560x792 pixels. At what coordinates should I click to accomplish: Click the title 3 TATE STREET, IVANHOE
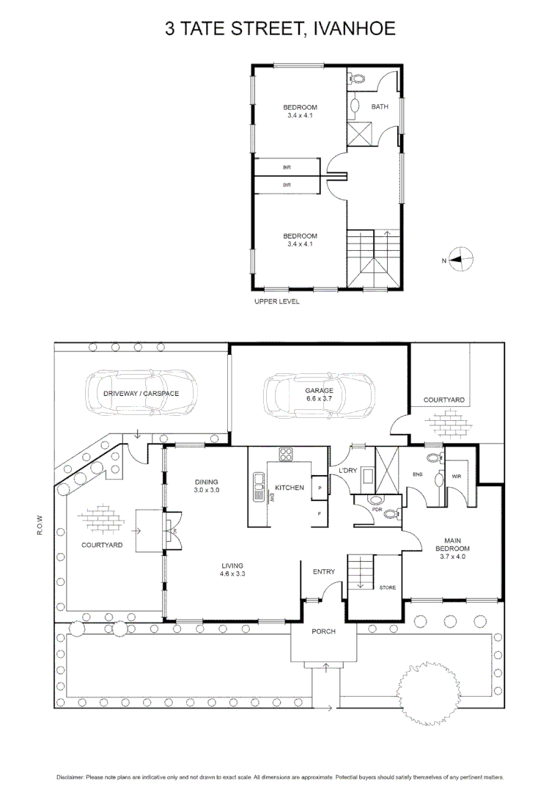click(x=280, y=29)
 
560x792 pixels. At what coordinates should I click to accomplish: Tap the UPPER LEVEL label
click(x=276, y=301)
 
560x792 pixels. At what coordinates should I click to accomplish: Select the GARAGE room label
click(x=320, y=391)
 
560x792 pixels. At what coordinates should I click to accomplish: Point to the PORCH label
click(x=323, y=631)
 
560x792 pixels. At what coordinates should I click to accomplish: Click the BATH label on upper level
click(x=380, y=107)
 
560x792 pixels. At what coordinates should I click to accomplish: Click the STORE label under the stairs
click(x=388, y=587)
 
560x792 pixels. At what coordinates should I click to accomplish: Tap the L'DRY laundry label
click(x=347, y=471)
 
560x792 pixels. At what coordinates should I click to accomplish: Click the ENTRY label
click(x=323, y=572)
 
